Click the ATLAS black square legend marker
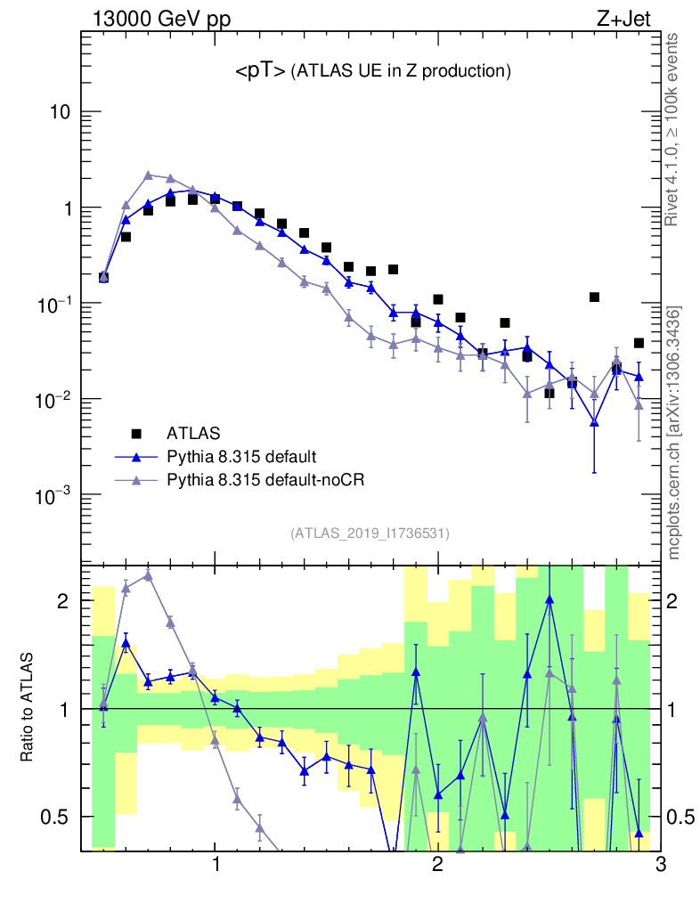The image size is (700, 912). (136, 434)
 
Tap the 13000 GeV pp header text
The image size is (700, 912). (160, 18)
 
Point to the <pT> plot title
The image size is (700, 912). (373, 72)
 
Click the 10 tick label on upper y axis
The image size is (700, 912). (59, 113)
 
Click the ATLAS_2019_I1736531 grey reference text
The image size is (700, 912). (369, 533)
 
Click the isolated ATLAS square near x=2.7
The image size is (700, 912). (594, 297)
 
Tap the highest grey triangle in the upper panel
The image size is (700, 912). (148, 175)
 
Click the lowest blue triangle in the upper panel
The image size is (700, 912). (594, 422)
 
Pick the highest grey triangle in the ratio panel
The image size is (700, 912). (148, 575)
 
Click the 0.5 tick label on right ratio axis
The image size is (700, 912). (681, 817)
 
